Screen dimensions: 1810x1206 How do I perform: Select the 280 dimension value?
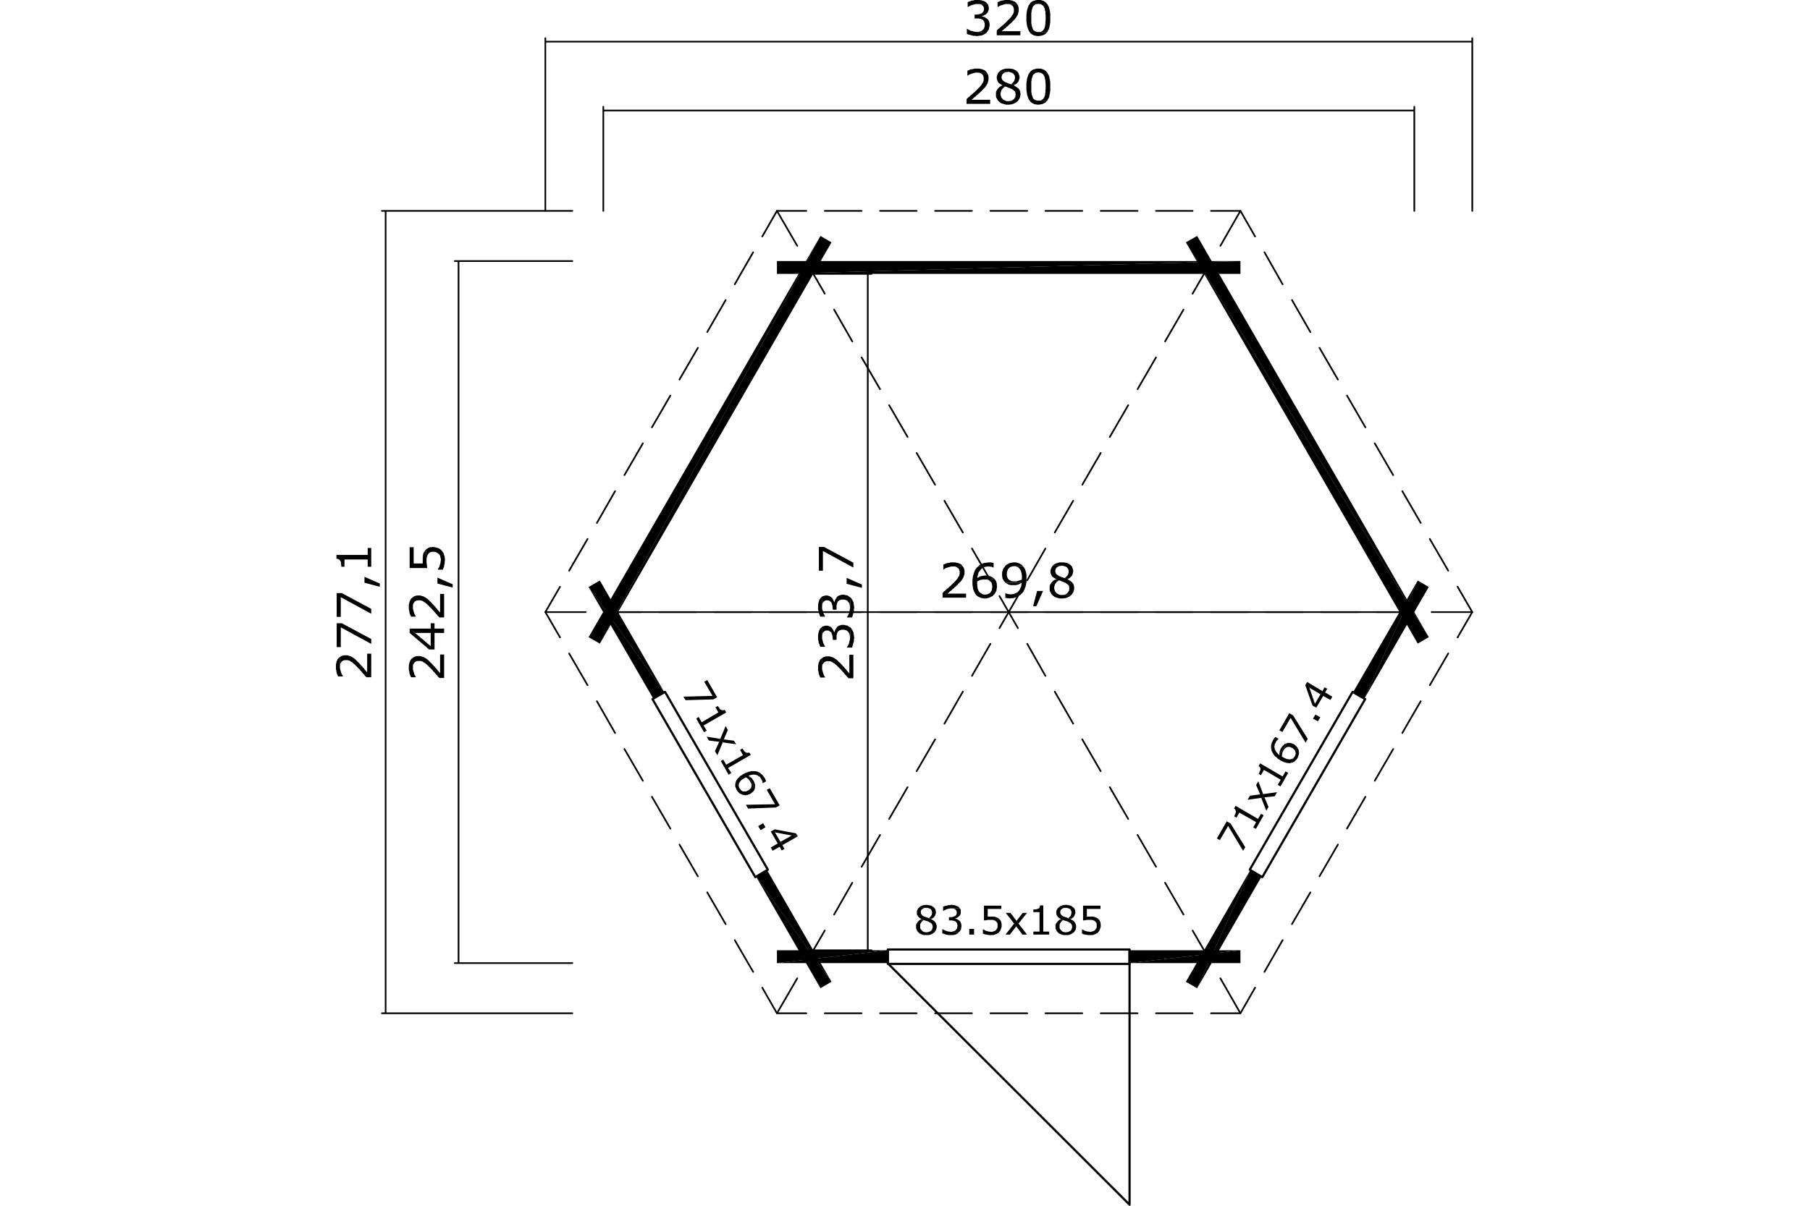1007,88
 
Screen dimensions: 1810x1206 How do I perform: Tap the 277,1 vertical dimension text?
355,612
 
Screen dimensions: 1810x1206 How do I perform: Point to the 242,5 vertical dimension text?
428,612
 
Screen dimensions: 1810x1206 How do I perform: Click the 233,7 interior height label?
836,612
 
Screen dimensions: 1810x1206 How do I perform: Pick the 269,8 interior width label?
1007,582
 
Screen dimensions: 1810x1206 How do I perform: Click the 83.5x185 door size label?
1008,921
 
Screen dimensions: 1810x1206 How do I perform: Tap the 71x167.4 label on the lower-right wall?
1275,767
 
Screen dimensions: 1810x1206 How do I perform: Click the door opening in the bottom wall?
1008,956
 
